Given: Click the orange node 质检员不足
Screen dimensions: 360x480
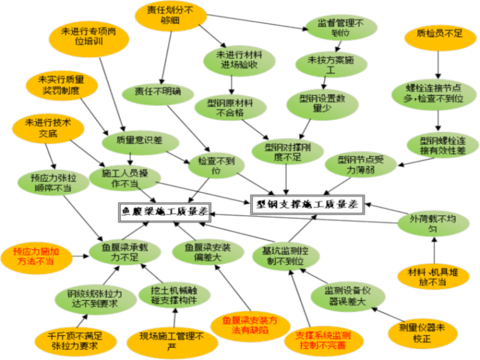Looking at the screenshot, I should point(435,34).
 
